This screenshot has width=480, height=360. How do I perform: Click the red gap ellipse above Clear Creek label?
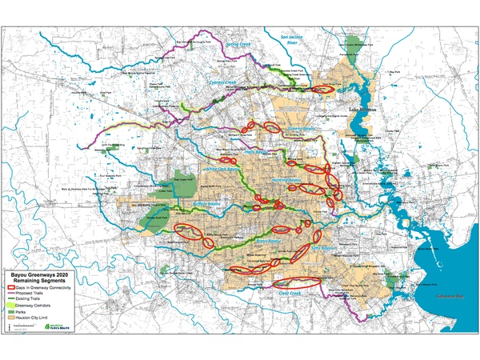coord(295,281)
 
